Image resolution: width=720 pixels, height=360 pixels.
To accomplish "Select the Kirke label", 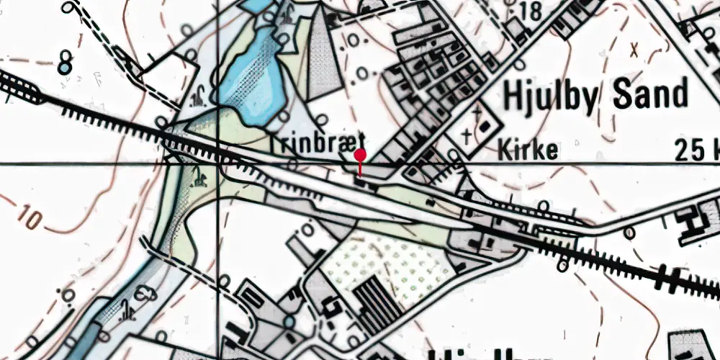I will (x=528, y=150).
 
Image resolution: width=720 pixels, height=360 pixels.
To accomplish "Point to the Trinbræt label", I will (x=319, y=141).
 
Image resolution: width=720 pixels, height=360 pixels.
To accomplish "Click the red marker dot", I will (x=360, y=155).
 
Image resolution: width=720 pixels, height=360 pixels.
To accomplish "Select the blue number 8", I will (x=65, y=62).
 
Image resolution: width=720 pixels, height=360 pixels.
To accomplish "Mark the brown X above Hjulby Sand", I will (x=634, y=50).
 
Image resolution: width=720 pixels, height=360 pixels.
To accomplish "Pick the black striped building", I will (x=377, y=302).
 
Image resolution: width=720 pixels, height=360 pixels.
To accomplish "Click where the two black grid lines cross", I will (x=218, y=164).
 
